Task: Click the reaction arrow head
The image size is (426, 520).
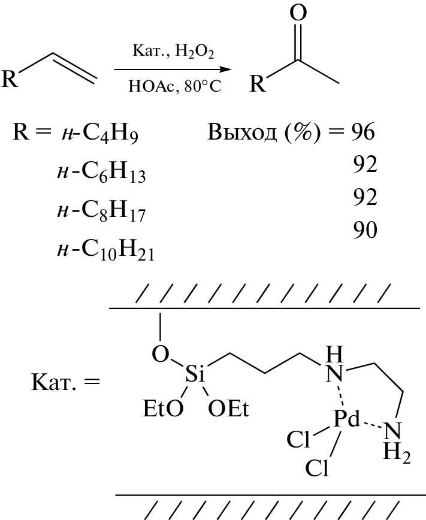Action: click(226, 69)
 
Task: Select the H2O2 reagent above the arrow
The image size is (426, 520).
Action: click(194, 52)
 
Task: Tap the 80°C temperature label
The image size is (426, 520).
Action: click(203, 86)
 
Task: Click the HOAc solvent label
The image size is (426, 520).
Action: click(152, 86)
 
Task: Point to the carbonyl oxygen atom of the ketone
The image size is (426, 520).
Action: click(298, 13)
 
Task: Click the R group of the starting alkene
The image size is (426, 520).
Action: click(10, 78)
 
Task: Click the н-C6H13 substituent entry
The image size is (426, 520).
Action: click(101, 173)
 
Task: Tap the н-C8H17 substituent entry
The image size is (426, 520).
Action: click(101, 211)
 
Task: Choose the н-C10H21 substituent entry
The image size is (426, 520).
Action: click(105, 250)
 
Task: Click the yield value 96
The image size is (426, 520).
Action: click(363, 132)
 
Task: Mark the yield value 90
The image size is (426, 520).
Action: click(365, 230)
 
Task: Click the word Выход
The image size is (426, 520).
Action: click(241, 132)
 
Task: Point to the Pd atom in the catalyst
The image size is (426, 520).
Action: click(346, 419)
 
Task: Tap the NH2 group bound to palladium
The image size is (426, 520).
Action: click(395, 441)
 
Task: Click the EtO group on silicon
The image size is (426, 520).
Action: click(163, 408)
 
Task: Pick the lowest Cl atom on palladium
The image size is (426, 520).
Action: click(317, 468)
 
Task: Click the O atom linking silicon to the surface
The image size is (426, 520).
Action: click(161, 353)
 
